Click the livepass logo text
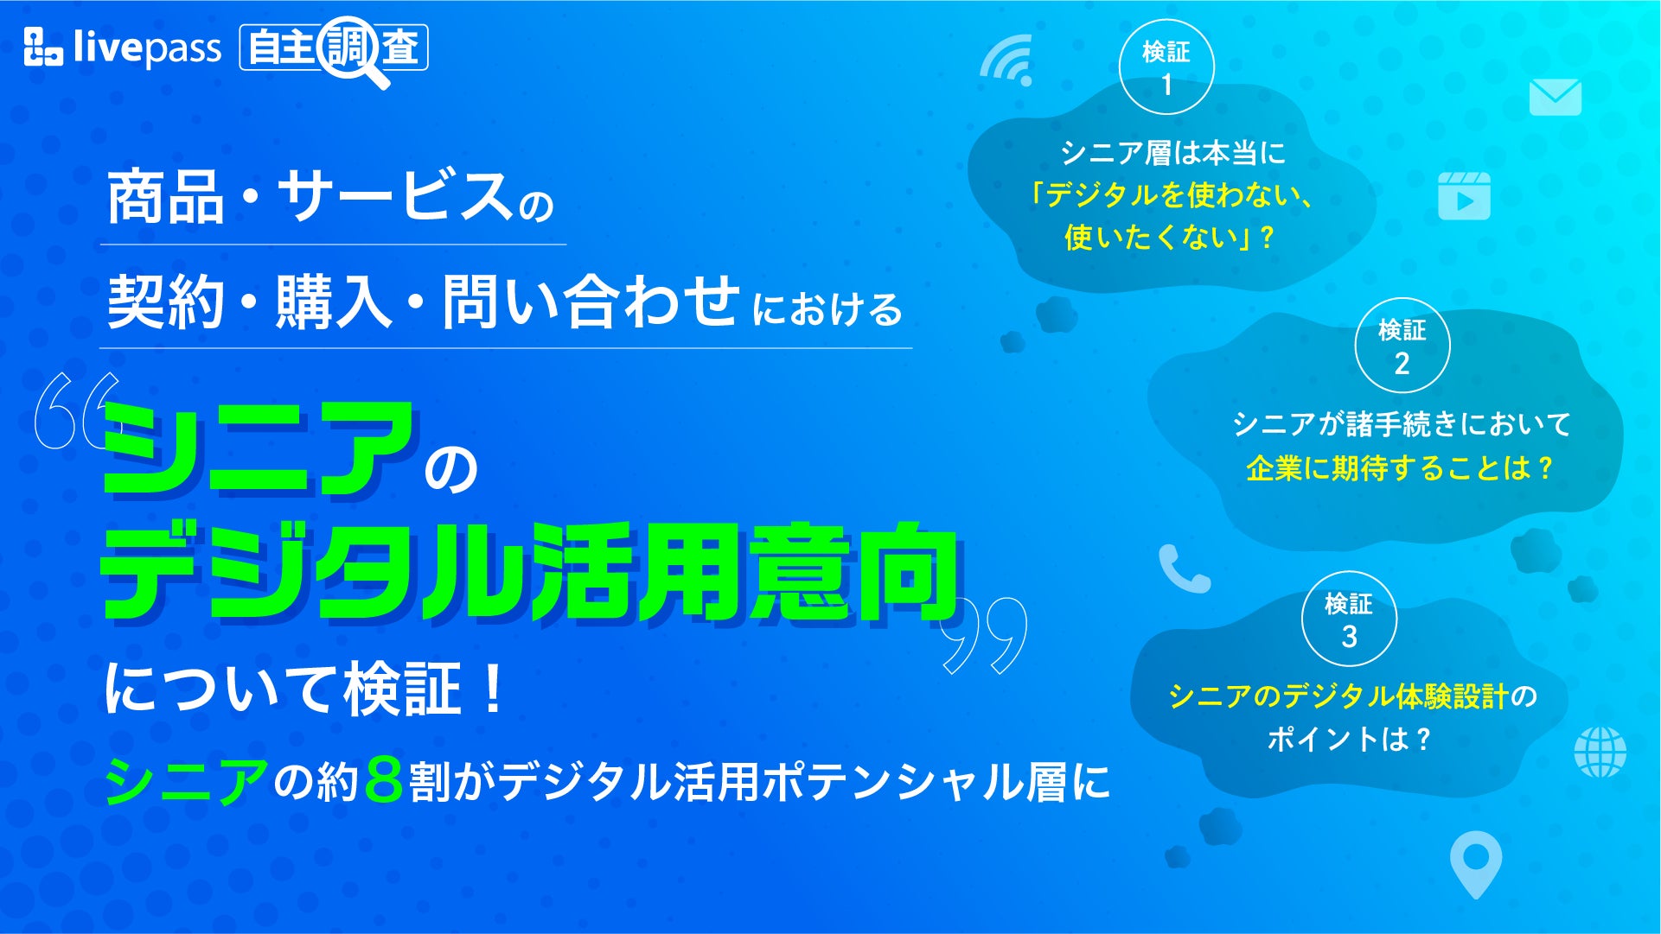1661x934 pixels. point(147,48)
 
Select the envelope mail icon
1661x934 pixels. point(1555,98)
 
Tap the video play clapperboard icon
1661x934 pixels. point(1464,195)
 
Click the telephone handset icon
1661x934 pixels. point(1184,569)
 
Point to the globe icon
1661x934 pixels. point(1600,752)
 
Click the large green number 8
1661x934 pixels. point(384,780)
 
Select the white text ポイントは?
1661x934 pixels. point(1349,739)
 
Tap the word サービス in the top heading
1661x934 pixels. point(395,196)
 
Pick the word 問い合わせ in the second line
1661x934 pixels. point(591,302)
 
